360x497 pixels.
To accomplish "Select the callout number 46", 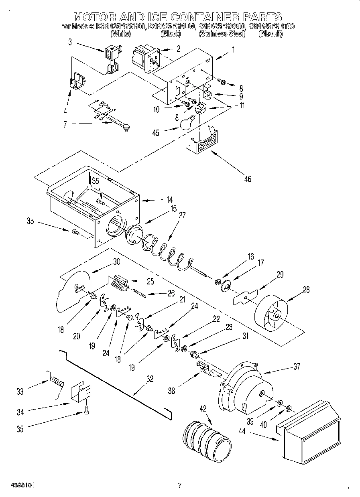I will coord(248,179).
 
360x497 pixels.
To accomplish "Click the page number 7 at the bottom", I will coord(180,485).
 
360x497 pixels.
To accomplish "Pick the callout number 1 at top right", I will coord(233,51).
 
